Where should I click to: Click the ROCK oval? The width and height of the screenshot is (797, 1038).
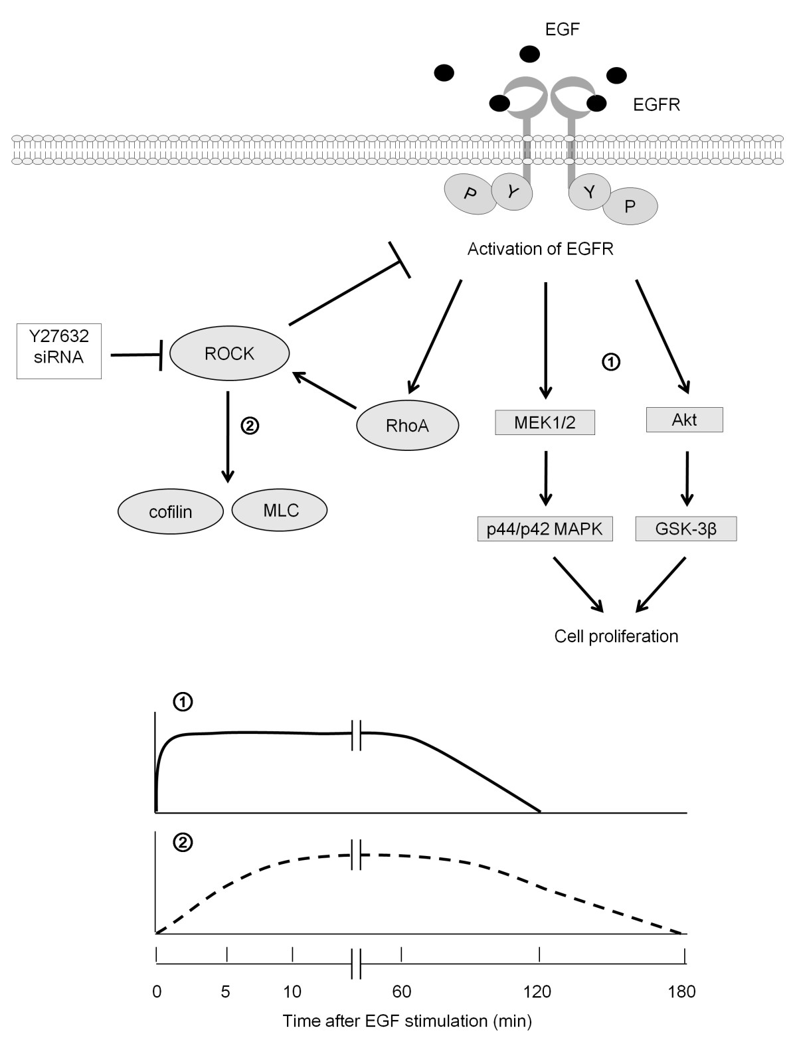pos(230,353)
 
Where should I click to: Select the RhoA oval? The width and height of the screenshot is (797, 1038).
pos(407,426)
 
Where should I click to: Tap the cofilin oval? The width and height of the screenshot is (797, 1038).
pos(170,511)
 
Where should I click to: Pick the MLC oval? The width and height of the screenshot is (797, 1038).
pos(280,510)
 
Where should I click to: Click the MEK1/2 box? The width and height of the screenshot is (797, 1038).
pos(545,422)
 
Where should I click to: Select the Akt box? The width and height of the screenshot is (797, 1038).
pos(684,420)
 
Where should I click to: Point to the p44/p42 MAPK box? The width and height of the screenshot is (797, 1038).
pos(545,530)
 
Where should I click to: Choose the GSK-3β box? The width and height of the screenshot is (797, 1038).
pos(686,530)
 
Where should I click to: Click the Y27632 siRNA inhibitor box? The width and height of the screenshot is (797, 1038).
pos(59,346)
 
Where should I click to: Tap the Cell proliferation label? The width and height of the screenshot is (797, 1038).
pos(616,636)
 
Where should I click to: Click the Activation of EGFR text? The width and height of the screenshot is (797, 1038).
pos(541,250)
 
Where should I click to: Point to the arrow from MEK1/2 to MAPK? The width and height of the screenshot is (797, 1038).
pos(545,478)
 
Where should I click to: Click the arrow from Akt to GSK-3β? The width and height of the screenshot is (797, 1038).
pos(687,478)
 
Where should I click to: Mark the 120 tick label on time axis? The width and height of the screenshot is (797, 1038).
pos(537,992)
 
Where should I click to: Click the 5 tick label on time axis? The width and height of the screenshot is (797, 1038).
pos(226,992)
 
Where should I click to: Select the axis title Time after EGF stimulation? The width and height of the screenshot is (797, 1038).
pos(408,1020)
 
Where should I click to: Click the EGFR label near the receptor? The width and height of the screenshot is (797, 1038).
pos(656,104)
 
